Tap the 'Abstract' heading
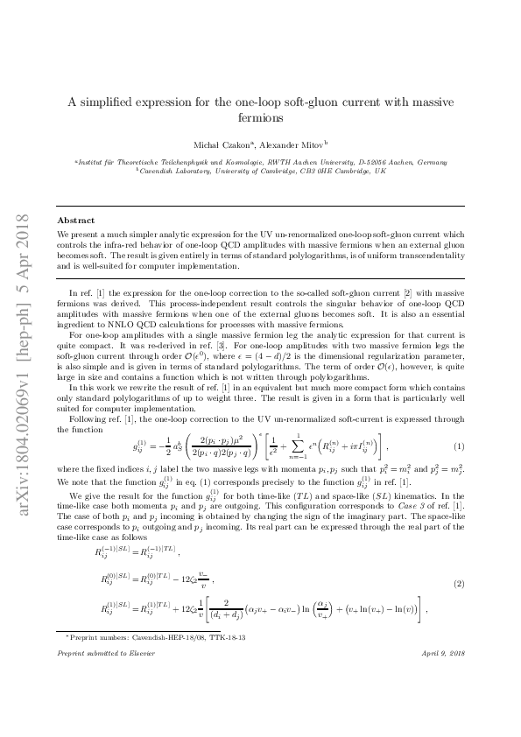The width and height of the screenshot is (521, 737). [75, 221]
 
